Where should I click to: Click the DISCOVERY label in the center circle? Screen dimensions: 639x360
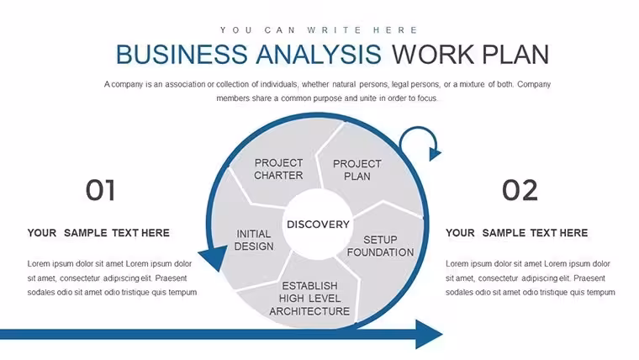[318, 225]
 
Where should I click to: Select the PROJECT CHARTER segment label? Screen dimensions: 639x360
[278, 169]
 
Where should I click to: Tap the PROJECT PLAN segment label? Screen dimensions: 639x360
[357, 170]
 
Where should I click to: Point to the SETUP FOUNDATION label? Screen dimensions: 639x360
[380, 246]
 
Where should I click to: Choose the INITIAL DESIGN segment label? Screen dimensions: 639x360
[253, 240]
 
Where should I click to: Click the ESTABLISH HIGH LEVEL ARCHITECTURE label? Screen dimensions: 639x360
[309, 299]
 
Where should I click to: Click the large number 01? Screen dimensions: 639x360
[100, 190]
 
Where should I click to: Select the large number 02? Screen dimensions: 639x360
[520, 190]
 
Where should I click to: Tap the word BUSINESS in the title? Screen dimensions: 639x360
[182, 54]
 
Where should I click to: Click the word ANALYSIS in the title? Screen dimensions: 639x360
[319, 54]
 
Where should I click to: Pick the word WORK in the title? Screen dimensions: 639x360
[433, 54]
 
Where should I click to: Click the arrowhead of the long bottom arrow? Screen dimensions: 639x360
[428, 334]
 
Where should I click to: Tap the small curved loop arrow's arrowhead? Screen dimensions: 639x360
[435, 154]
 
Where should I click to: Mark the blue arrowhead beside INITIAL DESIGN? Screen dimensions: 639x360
[214, 257]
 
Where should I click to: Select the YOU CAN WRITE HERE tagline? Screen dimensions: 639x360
[319, 30]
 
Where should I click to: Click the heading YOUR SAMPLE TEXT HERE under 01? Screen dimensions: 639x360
[98, 233]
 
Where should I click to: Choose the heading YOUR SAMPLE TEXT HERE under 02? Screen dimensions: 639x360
[517, 233]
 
